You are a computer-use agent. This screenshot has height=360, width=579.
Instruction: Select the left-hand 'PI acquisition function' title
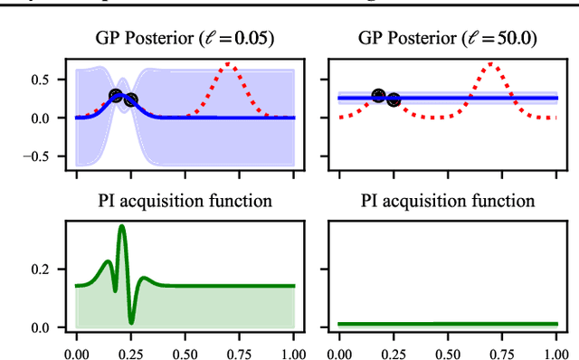(185, 201)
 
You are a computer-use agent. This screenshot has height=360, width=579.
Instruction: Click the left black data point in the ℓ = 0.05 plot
(117, 96)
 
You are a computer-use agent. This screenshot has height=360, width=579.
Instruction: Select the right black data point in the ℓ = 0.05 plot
(131, 100)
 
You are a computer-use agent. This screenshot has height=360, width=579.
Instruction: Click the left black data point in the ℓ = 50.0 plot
(378, 96)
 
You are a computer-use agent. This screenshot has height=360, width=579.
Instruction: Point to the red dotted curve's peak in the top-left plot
(230, 64)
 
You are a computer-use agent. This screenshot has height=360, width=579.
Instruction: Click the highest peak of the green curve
(121, 226)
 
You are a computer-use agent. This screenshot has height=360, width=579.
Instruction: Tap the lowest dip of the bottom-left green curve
(132, 322)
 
